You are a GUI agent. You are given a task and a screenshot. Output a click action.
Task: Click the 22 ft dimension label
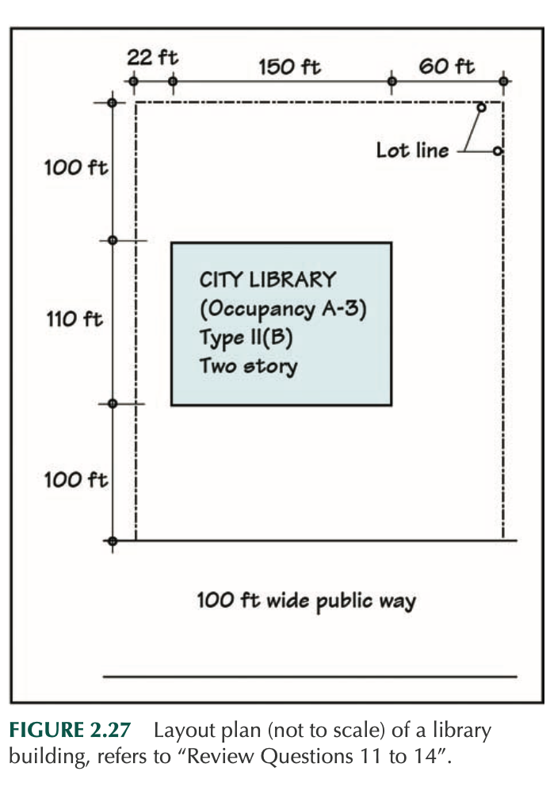(x=152, y=58)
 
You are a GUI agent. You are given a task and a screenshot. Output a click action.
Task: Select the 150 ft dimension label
(x=289, y=67)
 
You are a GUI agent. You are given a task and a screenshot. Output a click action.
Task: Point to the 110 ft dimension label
(x=74, y=319)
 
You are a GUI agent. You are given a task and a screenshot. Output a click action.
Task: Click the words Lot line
(x=412, y=150)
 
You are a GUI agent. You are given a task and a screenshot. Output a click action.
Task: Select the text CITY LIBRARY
(x=267, y=280)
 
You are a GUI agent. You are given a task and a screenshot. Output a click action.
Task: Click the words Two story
(x=248, y=366)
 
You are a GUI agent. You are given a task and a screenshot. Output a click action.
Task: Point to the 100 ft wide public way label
(x=306, y=600)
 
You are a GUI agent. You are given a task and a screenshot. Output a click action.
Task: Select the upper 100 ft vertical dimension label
(x=74, y=168)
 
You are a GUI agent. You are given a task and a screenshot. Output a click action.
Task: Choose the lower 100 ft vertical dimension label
(x=74, y=479)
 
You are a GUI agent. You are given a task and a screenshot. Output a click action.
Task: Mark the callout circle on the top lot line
(x=481, y=107)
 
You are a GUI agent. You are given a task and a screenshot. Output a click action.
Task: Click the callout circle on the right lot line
(x=497, y=151)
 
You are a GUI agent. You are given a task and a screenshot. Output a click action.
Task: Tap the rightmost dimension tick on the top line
(x=504, y=82)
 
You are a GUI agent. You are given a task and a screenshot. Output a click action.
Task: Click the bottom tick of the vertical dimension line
(x=113, y=541)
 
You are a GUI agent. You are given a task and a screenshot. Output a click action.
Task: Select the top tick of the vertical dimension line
(x=113, y=103)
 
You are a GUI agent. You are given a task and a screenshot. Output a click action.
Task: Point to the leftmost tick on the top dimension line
(x=134, y=82)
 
